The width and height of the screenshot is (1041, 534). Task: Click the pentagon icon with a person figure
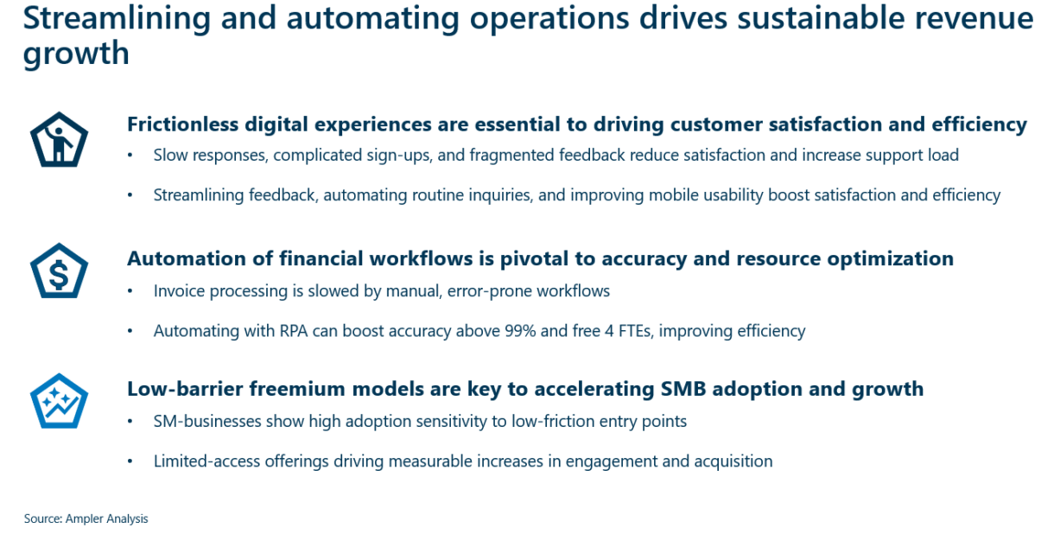coord(60,141)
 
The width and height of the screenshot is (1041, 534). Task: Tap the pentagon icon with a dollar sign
coord(60,271)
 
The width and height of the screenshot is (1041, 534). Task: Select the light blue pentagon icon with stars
coord(60,402)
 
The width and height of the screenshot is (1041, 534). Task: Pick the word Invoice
coord(179,291)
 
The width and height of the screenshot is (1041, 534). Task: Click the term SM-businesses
coord(205,422)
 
